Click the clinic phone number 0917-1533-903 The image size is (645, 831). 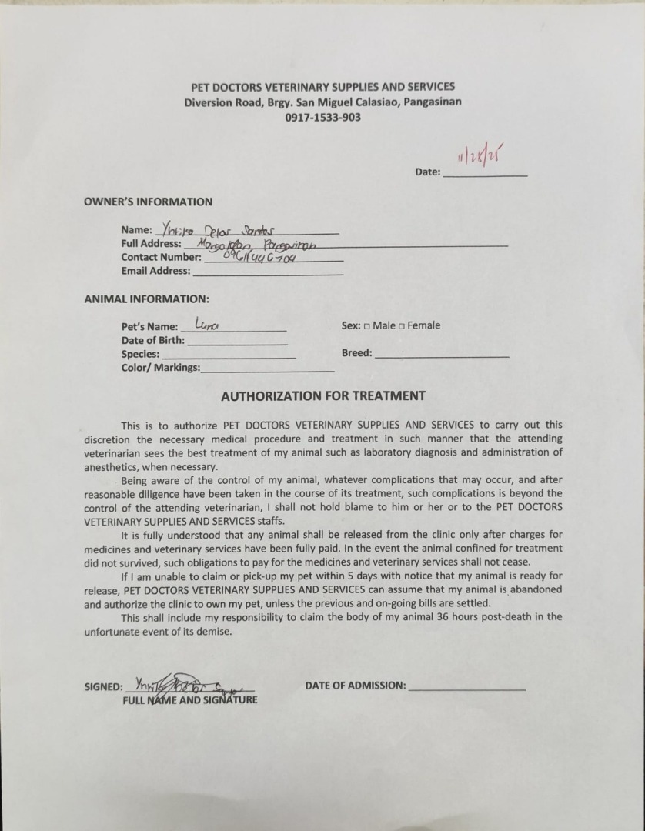322,118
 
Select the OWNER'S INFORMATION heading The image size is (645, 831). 148,202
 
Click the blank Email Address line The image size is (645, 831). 268,272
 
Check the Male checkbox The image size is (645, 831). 367,326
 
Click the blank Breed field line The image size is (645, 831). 442,355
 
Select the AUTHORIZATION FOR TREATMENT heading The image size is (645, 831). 322,396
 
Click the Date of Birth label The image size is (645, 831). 152,340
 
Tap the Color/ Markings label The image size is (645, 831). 160,368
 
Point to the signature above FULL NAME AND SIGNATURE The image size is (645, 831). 189,684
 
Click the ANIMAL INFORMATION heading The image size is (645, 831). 146,299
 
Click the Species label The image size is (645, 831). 140,354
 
